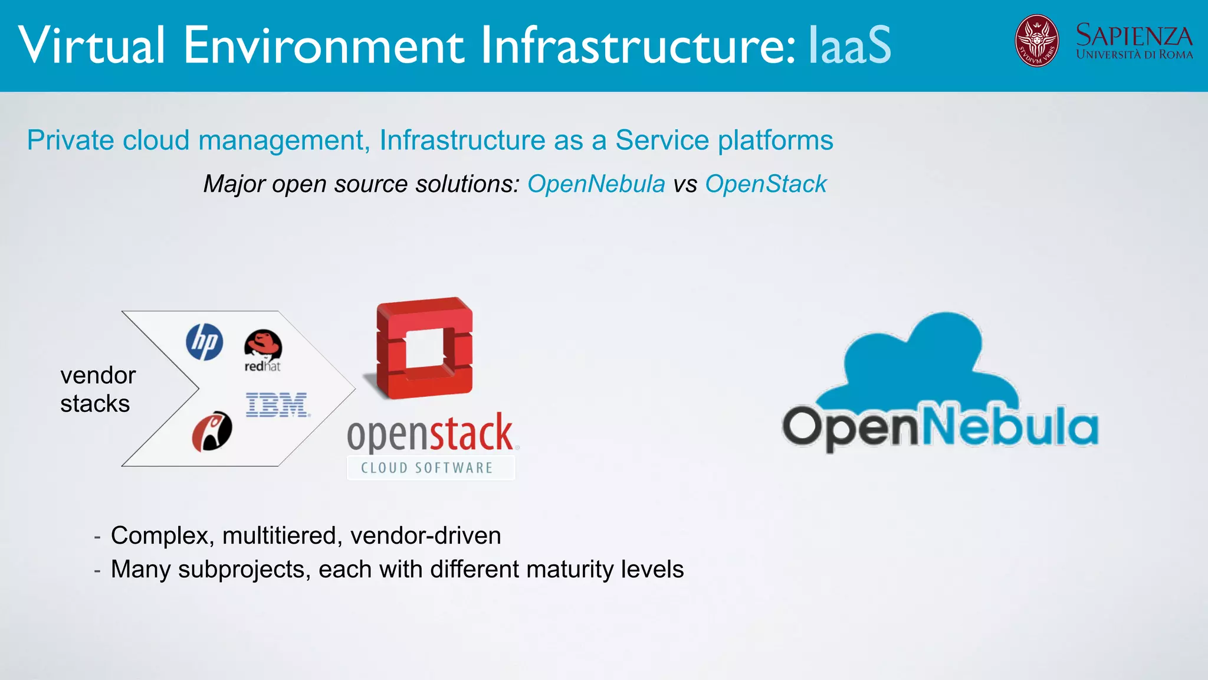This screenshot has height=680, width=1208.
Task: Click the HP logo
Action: pyautogui.click(x=205, y=342)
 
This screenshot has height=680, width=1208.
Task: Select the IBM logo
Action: pyautogui.click(x=277, y=405)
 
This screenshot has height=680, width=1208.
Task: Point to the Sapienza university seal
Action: pyautogui.click(x=1036, y=41)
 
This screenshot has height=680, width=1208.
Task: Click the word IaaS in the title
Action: pyautogui.click(x=849, y=45)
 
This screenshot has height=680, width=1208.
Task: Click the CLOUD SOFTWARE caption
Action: pyautogui.click(x=427, y=468)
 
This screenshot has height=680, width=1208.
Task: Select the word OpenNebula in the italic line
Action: pyautogui.click(x=596, y=184)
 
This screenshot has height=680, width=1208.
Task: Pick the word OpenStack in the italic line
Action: pyautogui.click(x=766, y=184)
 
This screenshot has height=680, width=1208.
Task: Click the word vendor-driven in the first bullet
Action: pyautogui.click(x=425, y=535)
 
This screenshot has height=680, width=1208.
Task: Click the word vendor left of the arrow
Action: pyautogui.click(x=98, y=375)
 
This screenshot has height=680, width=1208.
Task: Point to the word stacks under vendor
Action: pyautogui.click(x=95, y=404)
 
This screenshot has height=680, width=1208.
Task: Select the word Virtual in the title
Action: pyautogui.click(x=91, y=45)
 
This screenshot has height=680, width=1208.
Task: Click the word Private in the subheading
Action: pyautogui.click(x=70, y=140)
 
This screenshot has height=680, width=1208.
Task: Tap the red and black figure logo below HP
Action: pyautogui.click(x=212, y=431)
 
